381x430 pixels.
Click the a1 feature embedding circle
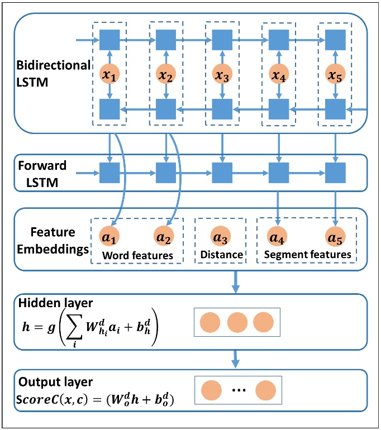[108, 238]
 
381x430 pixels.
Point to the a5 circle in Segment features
[335, 238]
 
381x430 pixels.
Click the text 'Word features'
[136, 255]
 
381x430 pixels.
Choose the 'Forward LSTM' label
[42, 173]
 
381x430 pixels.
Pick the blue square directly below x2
[166, 108]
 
